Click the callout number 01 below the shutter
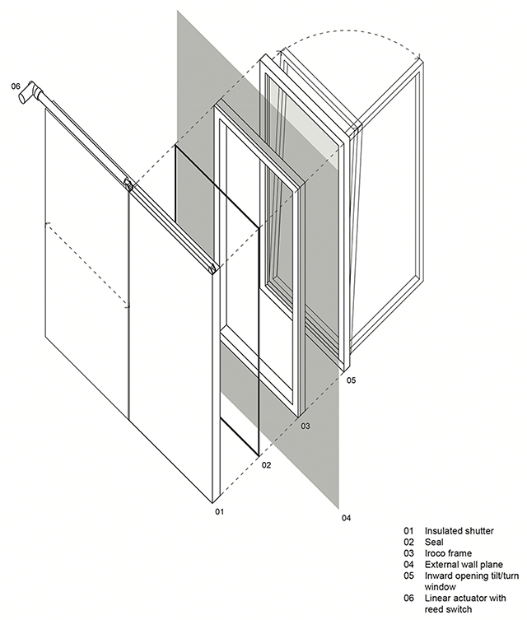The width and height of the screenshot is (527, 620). click(220, 512)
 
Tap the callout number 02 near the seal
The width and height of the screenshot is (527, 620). click(266, 465)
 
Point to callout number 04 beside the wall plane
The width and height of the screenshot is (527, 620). click(346, 517)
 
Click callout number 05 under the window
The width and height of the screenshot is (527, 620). click(351, 381)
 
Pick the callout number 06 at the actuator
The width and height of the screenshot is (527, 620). click(16, 86)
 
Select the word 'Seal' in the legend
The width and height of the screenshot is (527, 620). click(433, 543)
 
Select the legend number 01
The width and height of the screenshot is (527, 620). click(408, 531)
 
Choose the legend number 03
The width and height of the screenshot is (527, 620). click(408, 553)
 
